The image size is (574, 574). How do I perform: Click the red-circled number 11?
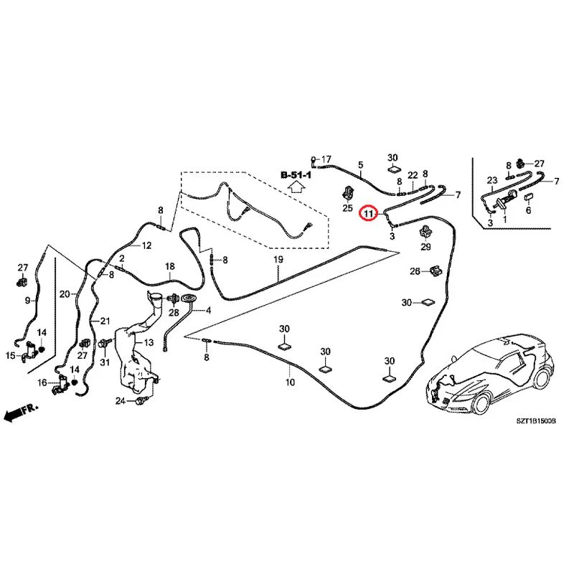pos(368,213)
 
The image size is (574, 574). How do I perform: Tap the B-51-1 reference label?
pos(296,175)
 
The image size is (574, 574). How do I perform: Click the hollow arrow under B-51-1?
pos(296,187)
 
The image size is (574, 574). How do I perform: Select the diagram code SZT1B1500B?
pos(536,421)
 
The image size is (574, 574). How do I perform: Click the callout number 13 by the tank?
pos(149,343)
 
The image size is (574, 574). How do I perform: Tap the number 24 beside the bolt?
pos(121,401)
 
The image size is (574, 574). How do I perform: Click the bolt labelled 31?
pos(105,344)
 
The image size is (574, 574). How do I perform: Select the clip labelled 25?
pos(347,193)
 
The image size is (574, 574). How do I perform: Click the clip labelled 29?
pos(425,231)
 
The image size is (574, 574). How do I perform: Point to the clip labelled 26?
pos(436,270)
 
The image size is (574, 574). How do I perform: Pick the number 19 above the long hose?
pos(278,259)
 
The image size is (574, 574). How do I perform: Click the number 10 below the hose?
pos(290,382)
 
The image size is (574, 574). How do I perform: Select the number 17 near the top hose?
pos(326,159)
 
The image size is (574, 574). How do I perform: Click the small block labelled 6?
pos(528,198)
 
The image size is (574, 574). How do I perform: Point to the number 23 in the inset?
pos(492,180)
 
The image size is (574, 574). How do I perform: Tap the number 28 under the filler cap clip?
pos(174,313)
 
